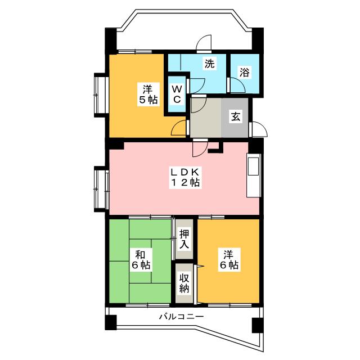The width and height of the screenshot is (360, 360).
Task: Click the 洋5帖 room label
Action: coord(148,94)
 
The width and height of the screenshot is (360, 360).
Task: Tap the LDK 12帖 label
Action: coord(186,177)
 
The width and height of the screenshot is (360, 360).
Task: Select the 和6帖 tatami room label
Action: coord(141,260)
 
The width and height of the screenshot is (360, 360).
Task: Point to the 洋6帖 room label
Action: coord(229,260)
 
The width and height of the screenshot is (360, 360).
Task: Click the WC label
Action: coord(177,94)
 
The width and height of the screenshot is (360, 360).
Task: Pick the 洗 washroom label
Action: coord(210,64)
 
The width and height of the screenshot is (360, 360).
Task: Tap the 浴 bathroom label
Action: coord(244,73)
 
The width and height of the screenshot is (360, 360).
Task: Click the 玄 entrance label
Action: coord(236,116)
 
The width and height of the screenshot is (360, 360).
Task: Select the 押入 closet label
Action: coord(184,239)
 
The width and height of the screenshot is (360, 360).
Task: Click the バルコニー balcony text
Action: coord(182,317)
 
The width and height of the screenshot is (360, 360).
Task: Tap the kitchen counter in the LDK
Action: coord(254,175)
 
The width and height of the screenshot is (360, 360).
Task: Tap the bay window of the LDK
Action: coord(101,189)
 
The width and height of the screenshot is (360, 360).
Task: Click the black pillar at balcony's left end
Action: coord(111,322)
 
